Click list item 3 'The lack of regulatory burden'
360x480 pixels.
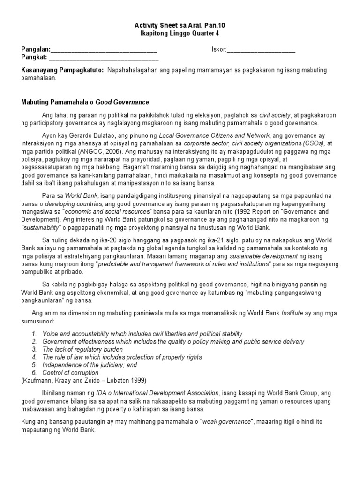point(82,349)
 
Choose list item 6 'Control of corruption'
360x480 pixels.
point(70,373)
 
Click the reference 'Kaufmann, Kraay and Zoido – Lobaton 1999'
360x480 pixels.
point(87,380)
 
